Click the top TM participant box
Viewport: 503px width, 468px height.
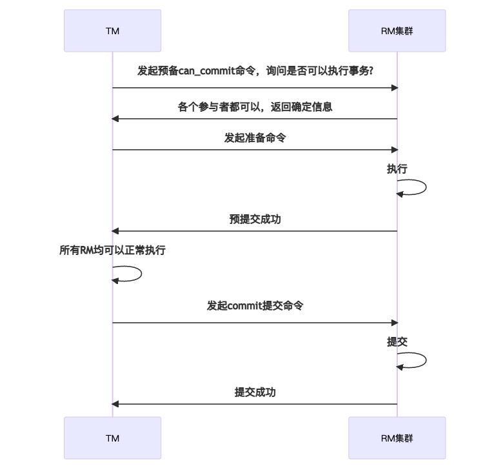click(x=112, y=30)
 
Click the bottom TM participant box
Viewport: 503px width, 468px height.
click(x=112, y=438)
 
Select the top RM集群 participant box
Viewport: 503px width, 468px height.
click(x=397, y=30)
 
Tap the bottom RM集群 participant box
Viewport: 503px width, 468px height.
click(x=397, y=438)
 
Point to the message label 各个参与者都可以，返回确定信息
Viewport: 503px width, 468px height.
click(x=255, y=107)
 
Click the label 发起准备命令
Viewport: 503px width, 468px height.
click(x=255, y=138)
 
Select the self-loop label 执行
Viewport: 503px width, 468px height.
click(x=397, y=169)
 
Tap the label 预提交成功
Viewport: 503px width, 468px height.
click(x=255, y=219)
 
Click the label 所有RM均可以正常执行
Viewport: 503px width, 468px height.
click(x=112, y=250)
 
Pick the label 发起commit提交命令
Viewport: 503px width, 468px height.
click(x=255, y=306)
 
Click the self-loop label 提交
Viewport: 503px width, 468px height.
click(x=397, y=342)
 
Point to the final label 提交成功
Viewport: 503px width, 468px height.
click(x=255, y=392)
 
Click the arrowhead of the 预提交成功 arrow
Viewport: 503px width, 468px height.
click(x=115, y=231)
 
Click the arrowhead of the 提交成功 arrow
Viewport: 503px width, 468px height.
click(x=115, y=404)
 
